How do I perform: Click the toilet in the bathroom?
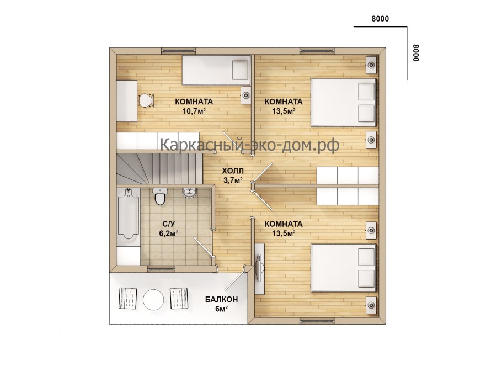tap(159, 196)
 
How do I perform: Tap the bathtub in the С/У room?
tap(128, 214)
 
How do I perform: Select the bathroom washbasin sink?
tap(190, 192)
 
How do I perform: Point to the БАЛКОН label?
tap(222, 300)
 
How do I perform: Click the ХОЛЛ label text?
tap(233, 171)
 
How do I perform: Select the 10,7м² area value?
tap(194, 111)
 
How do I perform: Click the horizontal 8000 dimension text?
tap(380, 19)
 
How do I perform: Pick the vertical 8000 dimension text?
tap(416, 53)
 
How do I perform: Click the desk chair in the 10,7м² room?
tap(146, 100)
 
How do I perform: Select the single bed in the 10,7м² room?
tap(216, 70)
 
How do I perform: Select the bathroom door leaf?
tap(202, 247)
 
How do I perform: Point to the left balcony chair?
tap(128, 298)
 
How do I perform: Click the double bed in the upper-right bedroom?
tap(344, 102)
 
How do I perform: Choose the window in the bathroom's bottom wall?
tap(162, 269)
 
